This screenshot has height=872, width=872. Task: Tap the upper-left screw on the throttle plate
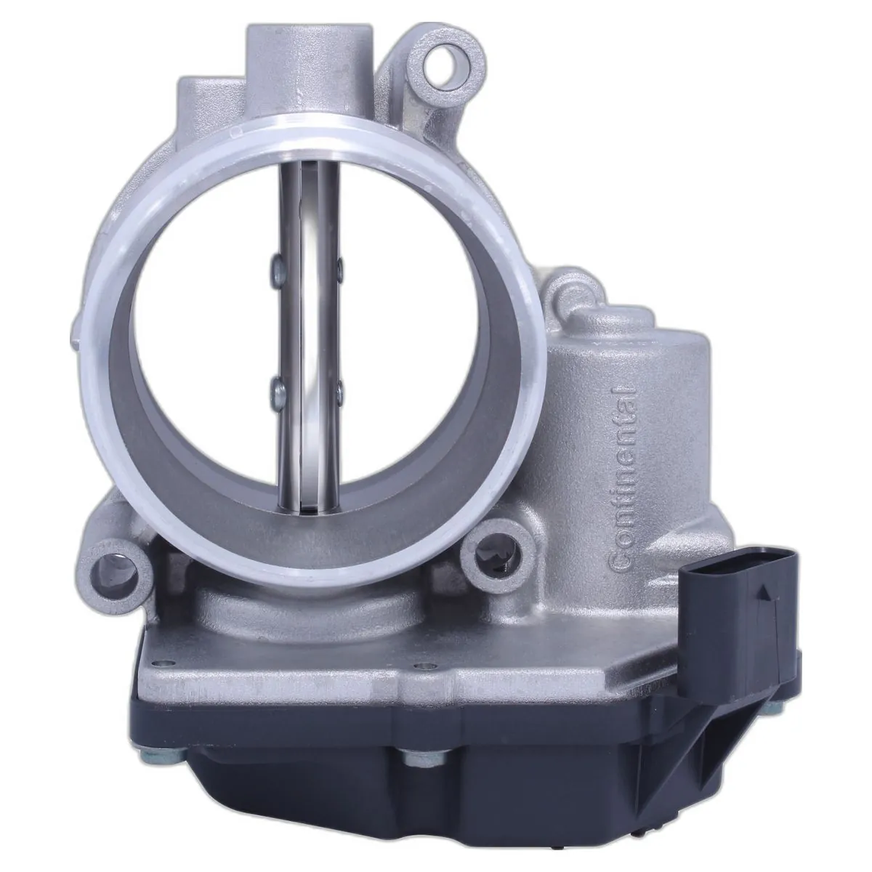coord(276,269)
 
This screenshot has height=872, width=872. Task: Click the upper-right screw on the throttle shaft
coord(340,268)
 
